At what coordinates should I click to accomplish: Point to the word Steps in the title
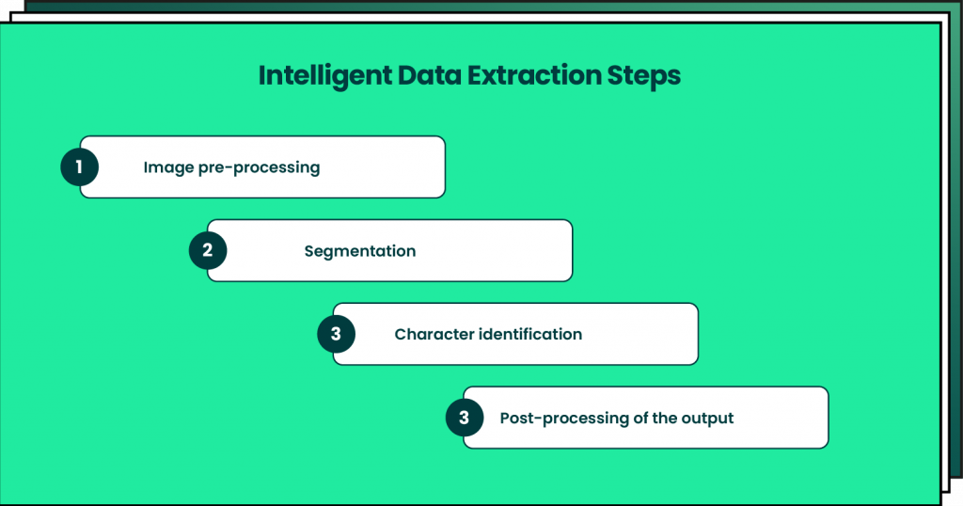[646, 76]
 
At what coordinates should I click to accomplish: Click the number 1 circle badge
[80, 167]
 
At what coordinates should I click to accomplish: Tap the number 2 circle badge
[208, 251]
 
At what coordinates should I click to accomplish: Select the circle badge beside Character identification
[336, 334]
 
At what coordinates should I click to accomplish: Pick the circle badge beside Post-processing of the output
[464, 418]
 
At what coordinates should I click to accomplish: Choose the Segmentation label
[360, 251]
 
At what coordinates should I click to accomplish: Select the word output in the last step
[706, 418]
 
